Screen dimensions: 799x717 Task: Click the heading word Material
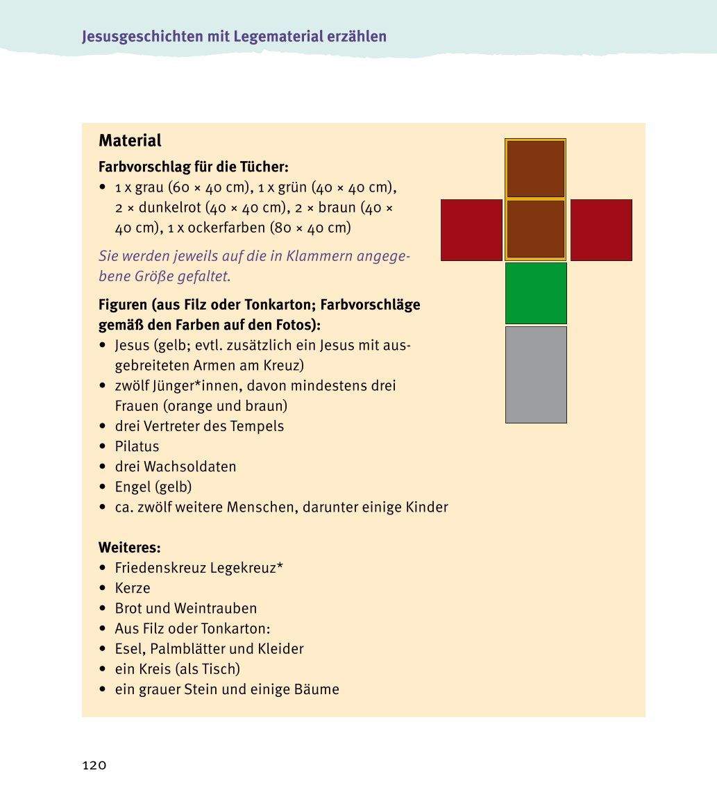coord(130,141)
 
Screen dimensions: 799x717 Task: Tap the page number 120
coord(94,766)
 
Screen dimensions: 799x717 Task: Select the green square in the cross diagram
coord(536,293)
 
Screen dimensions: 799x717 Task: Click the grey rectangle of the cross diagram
coord(536,374)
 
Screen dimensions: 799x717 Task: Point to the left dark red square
coord(471,230)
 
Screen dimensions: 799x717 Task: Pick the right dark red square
coord(601,230)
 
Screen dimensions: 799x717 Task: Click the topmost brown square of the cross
coord(536,169)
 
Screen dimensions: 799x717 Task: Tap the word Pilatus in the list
coord(137,446)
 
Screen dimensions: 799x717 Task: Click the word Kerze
coord(133,588)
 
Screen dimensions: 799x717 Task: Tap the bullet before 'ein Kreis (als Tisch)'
coord(103,670)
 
